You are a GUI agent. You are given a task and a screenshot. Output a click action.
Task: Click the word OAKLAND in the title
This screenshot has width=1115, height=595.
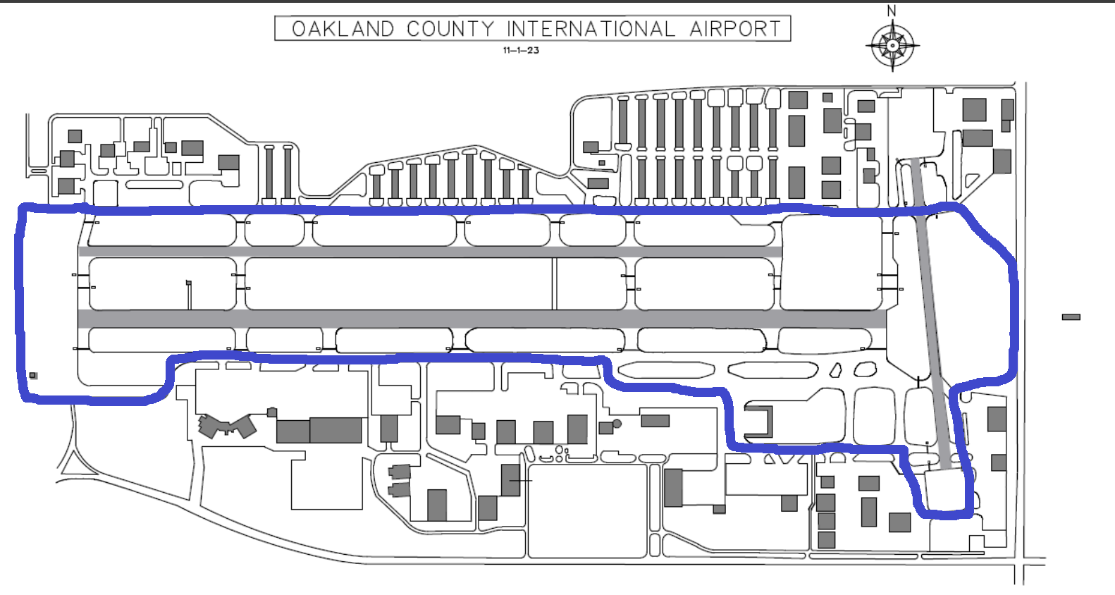(x=343, y=29)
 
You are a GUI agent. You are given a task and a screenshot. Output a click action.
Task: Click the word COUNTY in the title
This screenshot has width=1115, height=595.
(x=450, y=29)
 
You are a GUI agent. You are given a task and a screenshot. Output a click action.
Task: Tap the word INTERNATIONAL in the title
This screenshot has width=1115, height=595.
(x=591, y=29)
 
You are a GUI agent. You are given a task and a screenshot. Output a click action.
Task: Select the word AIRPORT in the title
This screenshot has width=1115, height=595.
(x=735, y=29)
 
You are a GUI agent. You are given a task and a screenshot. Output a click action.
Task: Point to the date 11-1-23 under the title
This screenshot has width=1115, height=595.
(x=521, y=50)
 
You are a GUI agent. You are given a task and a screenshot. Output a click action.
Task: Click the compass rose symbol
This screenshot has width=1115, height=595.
(x=892, y=46)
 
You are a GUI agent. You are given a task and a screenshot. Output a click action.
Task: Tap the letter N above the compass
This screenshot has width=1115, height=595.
(x=892, y=11)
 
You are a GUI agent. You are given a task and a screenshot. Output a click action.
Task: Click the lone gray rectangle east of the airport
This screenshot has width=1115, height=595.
(x=1071, y=317)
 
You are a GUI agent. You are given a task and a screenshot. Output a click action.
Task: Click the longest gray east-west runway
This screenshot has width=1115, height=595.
(x=482, y=319)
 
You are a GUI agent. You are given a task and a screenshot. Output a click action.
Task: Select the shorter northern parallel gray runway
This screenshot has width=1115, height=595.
(x=430, y=252)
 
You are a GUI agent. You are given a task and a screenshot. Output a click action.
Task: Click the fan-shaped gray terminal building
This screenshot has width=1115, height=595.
(x=226, y=427)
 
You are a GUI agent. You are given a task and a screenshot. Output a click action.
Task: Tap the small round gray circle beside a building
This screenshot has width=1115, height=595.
(x=617, y=424)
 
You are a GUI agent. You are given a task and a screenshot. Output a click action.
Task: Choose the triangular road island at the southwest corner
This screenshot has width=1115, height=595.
(x=71, y=464)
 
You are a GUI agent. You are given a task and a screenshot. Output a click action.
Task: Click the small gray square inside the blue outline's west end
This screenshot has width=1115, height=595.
(x=33, y=376)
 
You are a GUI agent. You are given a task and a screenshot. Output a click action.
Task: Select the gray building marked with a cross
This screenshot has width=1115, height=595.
(x=510, y=480)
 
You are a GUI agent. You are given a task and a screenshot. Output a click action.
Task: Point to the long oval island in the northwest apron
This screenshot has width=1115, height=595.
(x=154, y=185)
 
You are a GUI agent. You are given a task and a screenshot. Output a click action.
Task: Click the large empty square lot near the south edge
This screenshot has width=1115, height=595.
(x=587, y=511)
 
